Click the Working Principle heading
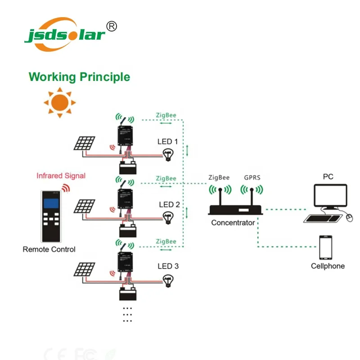[x=79, y=77]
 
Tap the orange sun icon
[x=59, y=103]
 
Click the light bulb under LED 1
[x=167, y=155]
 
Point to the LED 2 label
[x=169, y=205]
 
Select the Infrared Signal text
[x=61, y=175]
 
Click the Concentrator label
[x=233, y=223]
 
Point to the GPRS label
[x=252, y=178]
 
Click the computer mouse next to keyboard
[x=350, y=218]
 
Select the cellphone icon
[x=326, y=247]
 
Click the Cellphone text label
[x=328, y=266]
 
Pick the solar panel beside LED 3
[x=85, y=269]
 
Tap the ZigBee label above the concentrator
[x=219, y=178]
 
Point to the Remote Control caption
[x=49, y=249]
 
